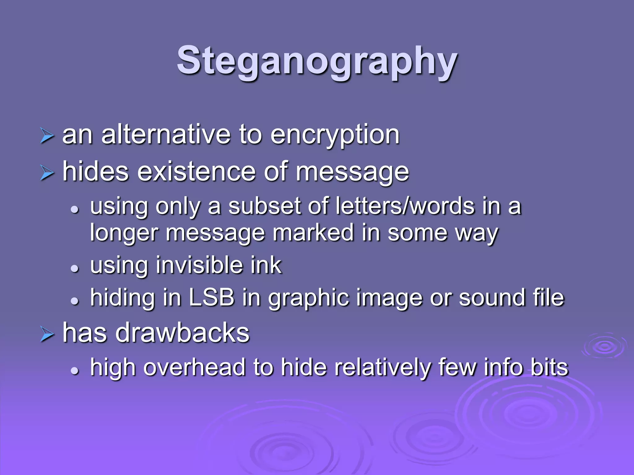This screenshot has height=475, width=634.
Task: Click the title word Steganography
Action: [317, 61]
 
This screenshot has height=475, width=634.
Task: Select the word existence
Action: [196, 172]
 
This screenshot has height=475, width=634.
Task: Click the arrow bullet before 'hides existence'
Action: [47, 173]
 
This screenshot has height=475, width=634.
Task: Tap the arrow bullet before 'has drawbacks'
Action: [47, 335]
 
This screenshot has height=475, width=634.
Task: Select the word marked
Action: [313, 233]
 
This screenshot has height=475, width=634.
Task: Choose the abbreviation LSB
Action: [211, 297]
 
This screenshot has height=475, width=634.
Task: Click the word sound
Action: [492, 297]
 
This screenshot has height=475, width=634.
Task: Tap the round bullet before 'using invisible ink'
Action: [75, 268]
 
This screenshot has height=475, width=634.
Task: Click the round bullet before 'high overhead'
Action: [75, 370]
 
